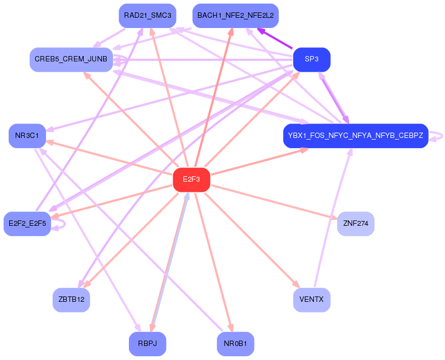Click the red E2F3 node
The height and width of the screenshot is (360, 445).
[191, 179]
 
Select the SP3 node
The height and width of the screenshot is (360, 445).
[312, 59]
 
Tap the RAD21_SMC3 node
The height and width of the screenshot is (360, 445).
[148, 16]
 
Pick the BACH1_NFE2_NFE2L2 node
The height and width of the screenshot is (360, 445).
[236, 16]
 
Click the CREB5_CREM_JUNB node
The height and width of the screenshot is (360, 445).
[71, 59]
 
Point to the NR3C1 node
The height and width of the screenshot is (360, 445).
[28, 136]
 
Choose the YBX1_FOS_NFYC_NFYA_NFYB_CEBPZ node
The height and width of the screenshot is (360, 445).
[355, 136]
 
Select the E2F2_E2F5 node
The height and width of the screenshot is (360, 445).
[28, 224]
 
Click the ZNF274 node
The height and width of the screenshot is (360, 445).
[355, 224]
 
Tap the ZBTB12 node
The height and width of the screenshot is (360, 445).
[71, 300]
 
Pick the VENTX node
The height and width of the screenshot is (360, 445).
[312, 300]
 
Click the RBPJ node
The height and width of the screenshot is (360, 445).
[148, 344]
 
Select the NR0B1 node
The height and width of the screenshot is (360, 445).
[236, 344]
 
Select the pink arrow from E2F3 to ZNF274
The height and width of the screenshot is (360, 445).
[274, 202]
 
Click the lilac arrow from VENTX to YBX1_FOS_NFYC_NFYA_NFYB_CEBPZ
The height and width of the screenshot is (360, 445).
[333, 217]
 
